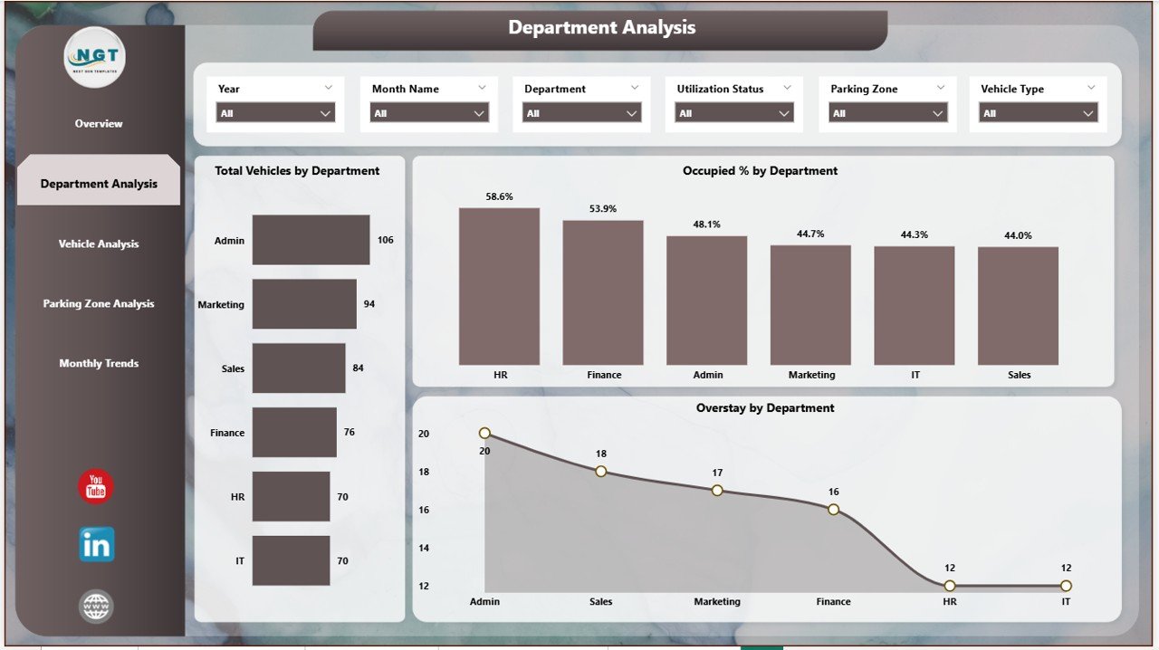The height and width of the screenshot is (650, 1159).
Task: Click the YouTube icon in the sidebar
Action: pyautogui.click(x=96, y=486)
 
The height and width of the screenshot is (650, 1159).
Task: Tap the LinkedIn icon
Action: pyautogui.click(x=96, y=544)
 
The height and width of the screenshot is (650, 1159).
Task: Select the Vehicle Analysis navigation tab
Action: pyautogui.click(x=99, y=244)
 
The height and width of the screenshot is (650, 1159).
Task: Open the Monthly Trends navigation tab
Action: pyautogui.click(x=99, y=363)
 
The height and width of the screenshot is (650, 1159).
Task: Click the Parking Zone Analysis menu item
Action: pyautogui.click(x=99, y=303)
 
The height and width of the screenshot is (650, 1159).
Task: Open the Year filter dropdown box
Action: pyautogui.click(x=275, y=113)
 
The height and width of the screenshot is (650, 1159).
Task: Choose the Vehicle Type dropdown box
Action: pyautogui.click(x=1038, y=113)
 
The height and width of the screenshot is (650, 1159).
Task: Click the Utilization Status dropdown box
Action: pyautogui.click(x=734, y=113)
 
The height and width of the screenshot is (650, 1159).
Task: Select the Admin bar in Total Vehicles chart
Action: pyautogui.click(x=311, y=240)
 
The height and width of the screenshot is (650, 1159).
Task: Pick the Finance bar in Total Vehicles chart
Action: pyautogui.click(x=294, y=433)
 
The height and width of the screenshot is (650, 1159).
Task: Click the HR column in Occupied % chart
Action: pyautogui.click(x=499, y=286)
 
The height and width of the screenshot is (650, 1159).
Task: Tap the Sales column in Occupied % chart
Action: pyautogui.click(x=1018, y=306)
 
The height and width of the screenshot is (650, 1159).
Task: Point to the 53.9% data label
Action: pyautogui.click(x=603, y=209)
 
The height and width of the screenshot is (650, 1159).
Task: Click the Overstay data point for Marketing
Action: pyautogui.click(x=717, y=491)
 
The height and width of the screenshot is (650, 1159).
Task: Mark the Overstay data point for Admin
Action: pyautogui.click(x=484, y=434)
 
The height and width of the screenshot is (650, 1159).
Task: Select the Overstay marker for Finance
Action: pyautogui.click(x=833, y=510)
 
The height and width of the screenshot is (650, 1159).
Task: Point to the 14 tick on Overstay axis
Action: pyautogui.click(x=424, y=548)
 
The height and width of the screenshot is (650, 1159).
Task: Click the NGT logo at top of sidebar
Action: pyautogui.click(x=95, y=57)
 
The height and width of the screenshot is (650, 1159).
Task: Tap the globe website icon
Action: pyautogui.click(x=96, y=607)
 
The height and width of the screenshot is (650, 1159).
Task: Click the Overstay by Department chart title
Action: pyautogui.click(x=765, y=408)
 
